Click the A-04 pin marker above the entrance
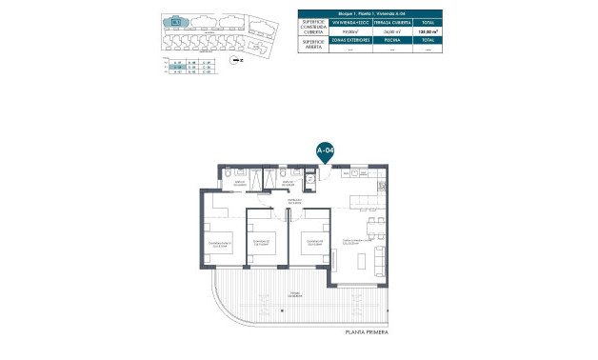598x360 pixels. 324,151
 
